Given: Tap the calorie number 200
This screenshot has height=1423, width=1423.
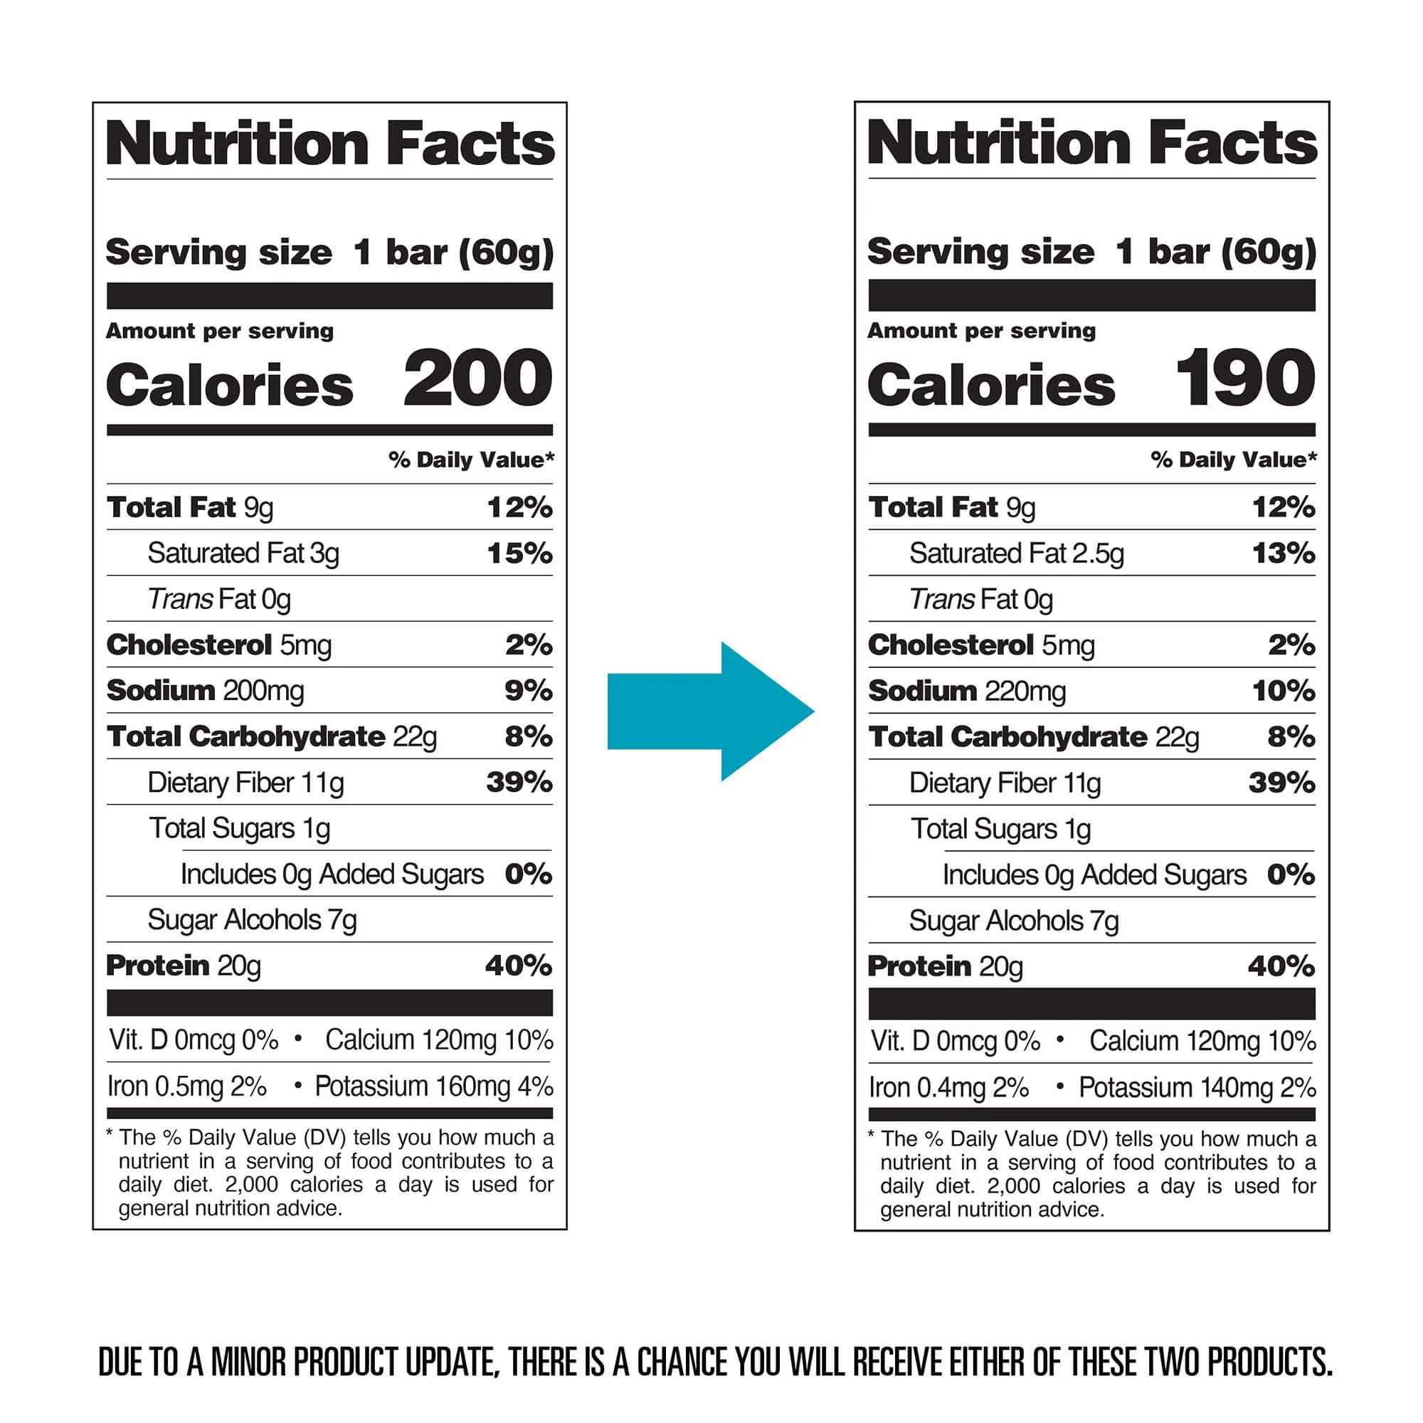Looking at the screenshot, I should point(477,379).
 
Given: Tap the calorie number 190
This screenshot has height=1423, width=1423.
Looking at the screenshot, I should point(1244,379).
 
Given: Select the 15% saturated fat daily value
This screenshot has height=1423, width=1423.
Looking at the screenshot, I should point(519,553).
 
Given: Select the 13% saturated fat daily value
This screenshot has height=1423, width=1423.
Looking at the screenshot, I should point(1283,553).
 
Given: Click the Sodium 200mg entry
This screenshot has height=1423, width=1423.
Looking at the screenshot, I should point(205,691).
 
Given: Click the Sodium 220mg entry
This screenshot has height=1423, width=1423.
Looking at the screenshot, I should point(966,691).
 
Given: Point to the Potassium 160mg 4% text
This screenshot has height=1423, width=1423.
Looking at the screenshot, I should point(434,1086).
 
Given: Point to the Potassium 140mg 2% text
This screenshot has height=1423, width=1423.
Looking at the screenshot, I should point(1197,1088).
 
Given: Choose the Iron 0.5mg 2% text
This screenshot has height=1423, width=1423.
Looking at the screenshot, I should point(187,1086).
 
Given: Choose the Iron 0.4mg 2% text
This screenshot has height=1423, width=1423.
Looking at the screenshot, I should point(948,1088).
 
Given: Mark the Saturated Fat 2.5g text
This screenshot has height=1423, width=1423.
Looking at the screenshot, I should point(1017,553).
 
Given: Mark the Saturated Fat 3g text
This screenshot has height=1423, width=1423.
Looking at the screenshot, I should point(243,553).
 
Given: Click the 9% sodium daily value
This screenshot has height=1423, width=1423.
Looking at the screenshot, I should point(528,691).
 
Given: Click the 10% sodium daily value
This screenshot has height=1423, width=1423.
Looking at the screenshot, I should point(1283,691).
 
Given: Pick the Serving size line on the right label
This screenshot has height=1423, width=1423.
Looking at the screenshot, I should point(1091,252).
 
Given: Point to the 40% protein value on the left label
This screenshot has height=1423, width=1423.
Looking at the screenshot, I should point(519,966).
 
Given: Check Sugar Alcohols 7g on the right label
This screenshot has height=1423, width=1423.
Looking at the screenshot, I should point(1013,921).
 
